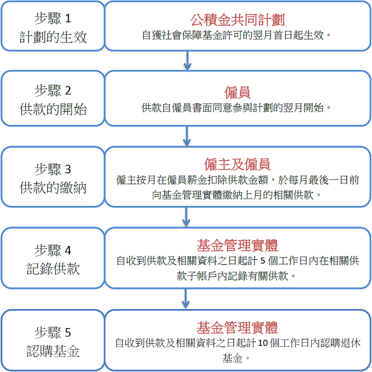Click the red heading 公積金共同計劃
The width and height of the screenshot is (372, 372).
point(238,20)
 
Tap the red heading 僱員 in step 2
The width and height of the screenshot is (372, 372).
point(238,92)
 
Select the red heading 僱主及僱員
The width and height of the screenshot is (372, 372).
point(238,164)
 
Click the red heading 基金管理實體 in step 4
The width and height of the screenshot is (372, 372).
point(238,246)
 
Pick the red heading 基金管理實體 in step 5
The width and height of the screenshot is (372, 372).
point(238,327)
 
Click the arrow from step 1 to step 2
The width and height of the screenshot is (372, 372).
point(187,61)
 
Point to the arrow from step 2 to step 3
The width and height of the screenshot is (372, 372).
point(187,136)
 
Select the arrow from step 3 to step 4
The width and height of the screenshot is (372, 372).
point(186,217)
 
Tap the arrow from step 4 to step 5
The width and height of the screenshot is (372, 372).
point(185,299)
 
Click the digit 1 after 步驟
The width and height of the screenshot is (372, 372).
point(68,18)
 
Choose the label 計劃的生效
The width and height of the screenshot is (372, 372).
point(53,37)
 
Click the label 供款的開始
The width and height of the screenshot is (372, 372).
point(53,109)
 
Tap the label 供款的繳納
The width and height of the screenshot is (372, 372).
point(53,188)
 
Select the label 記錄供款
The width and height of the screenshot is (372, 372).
point(53,269)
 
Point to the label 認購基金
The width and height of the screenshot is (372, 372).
point(53,351)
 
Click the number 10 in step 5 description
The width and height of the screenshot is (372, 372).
point(263,343)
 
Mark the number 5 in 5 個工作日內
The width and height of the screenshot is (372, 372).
point(263,261)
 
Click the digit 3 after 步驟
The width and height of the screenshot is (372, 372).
point(68,169)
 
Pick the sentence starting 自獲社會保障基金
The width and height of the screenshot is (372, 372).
point(236,35)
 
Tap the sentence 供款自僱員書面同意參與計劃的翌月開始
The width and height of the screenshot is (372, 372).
point(236,108)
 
